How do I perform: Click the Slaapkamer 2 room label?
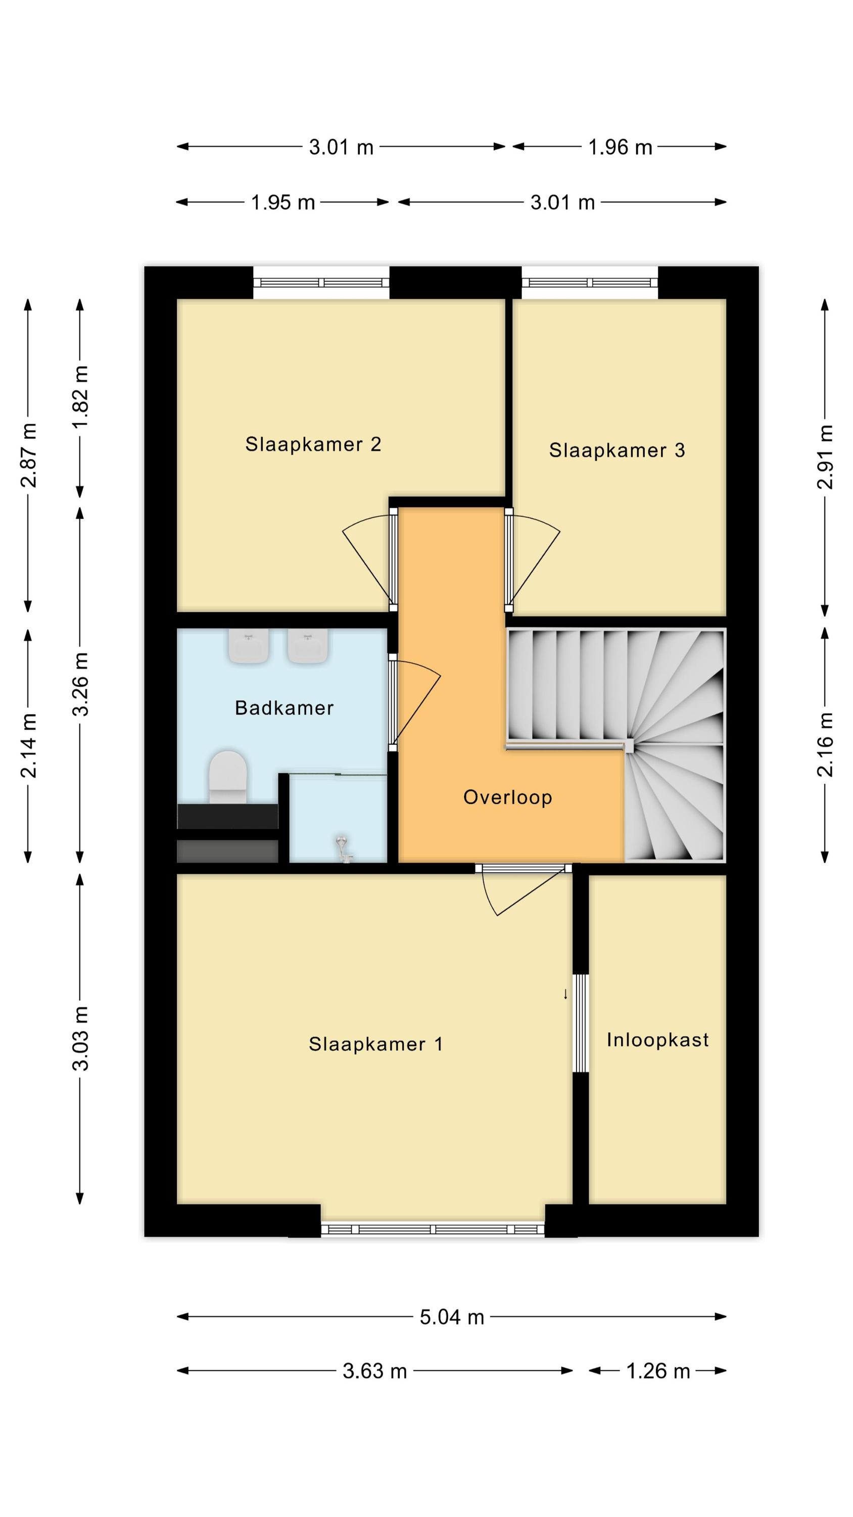click(x=313, y=444)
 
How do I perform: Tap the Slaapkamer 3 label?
click(x=617, y=450)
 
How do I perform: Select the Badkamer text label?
click(x=285, y=707)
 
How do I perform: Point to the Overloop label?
click(x=507, y=797)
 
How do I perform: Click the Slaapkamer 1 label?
click(x=375, y=1044)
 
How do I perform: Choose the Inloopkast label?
click(x=657, y=1040)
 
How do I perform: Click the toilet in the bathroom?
click(x=228, y=777)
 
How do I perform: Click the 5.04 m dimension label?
click(x=452, y=1317)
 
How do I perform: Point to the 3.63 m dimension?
click(x=375, y=1371)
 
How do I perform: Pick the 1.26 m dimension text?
click(x=657, y=1371)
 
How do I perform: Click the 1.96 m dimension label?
click(x=621, y=147)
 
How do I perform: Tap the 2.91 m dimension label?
click(x=825, y=457)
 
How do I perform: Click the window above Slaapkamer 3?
click(x=589, y=283)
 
